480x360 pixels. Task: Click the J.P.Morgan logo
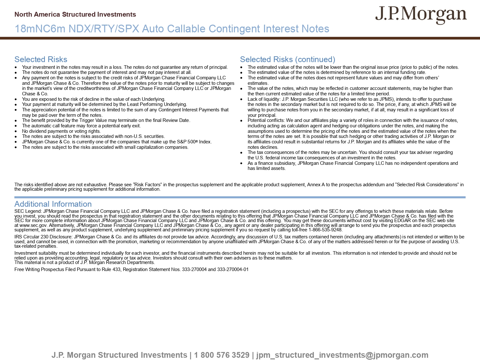click(x=421, y=15)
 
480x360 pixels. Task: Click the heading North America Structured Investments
click(x=75, y=14)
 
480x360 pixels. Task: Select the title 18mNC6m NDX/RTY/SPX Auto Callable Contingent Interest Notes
click(x=172, y=29)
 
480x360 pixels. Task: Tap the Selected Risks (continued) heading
click(x=287, y=60)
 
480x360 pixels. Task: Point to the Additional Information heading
click(x=53, y=204)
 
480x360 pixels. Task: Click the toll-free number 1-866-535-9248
click(x=325, y=230)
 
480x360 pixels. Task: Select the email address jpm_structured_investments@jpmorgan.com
click(x=342, y=355)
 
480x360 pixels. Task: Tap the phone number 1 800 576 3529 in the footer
click(x=221, y=355)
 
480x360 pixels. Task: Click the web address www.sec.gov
click(x=31, y=225)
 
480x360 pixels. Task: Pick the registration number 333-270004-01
click(x=233, y=269)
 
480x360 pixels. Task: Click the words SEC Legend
click(x=28, y=211)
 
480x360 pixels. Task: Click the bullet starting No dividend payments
click(x=61, y=131)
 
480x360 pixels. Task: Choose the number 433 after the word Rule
click(x=116, y=269)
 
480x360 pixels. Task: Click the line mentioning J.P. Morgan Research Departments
click(x=84, y=262)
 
